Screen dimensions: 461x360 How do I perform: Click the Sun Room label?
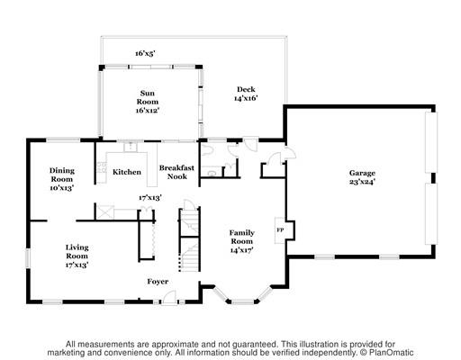148,102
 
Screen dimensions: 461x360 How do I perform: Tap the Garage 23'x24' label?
362,177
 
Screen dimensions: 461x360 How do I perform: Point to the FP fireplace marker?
280,230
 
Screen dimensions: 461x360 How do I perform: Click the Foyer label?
158,282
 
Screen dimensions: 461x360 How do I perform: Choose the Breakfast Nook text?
176,172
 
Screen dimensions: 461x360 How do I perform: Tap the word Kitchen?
127,172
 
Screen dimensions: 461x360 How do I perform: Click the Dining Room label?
62,179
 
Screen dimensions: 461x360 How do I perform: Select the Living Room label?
77,256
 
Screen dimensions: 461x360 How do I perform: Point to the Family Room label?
242,241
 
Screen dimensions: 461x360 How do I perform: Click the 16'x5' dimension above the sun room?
145,53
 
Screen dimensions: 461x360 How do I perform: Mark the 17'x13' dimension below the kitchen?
150,197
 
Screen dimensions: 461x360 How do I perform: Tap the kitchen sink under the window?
131,147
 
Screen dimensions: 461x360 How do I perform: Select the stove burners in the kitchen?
102,167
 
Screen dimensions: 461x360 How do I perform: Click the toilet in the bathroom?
207,149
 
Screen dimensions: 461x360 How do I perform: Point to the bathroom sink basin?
212,174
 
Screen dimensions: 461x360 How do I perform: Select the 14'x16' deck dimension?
246,98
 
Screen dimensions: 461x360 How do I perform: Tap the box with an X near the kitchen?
105,212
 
